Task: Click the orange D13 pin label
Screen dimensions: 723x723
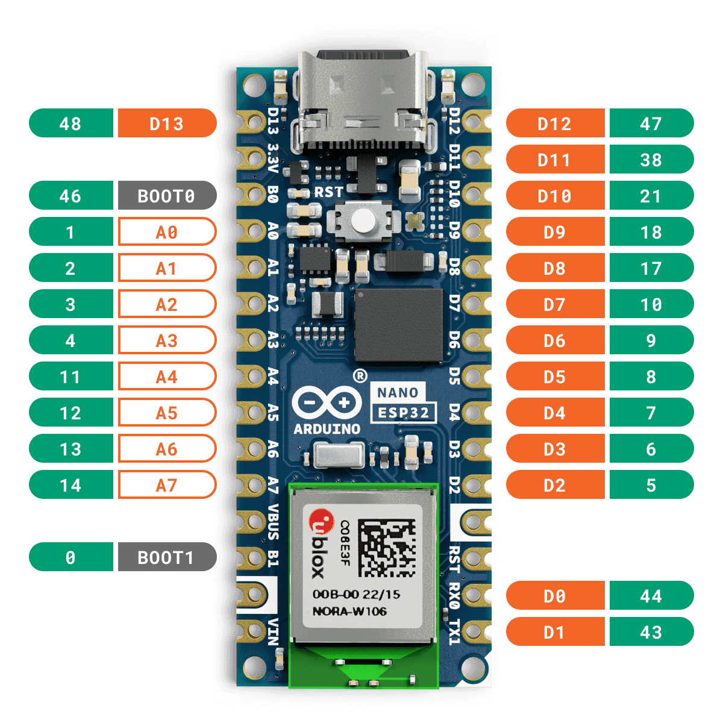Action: click(x=167, y=123)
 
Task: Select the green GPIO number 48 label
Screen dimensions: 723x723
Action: click(x=71, y=123)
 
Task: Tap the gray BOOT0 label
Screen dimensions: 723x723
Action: click(x=167, y=195)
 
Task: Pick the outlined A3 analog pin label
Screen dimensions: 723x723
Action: click(x=167, y=340)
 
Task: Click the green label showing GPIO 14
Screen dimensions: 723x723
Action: click(x=71, y=485)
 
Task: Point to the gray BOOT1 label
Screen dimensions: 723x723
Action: click(x=167, y=557)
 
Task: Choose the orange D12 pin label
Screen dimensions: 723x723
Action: click(x=556, y=123)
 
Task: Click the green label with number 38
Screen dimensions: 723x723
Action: click(x=652, y=159)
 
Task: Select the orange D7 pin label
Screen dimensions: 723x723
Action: click(x=556, y=304)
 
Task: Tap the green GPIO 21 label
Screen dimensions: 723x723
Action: click(x=652, y=195)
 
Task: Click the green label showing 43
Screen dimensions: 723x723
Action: click(x=652, y=632)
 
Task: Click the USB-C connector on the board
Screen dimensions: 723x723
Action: click(x=363, y=101)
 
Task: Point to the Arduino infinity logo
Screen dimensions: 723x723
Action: click(x=327, y=403)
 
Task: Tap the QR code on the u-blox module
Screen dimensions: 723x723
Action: click(x=387, y=548)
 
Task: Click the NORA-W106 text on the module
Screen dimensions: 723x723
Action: click(x=349, y=611)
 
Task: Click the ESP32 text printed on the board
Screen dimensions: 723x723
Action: click(x=403, y=413)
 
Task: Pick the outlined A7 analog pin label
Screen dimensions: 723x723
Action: click(x=167, y=485)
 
